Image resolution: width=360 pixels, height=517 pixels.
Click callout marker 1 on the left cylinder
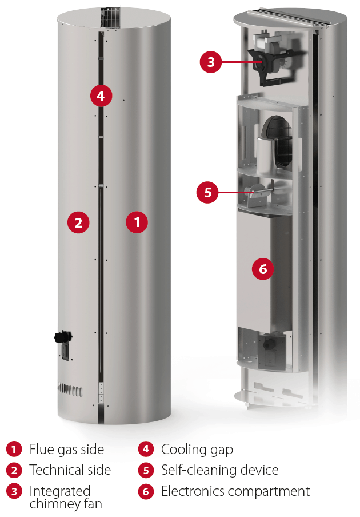tap(137, 222)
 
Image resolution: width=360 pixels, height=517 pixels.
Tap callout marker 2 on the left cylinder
tap(78, 222)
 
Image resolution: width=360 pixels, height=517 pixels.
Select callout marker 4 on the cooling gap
tap(101, 96)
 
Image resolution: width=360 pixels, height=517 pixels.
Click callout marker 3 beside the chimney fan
tap(211, 62)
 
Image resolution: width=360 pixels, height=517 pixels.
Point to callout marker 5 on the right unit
tap(207, 192)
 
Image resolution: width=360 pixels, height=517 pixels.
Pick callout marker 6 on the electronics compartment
tap(263, 269)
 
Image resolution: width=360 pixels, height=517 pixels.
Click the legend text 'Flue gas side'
tap(67, 450)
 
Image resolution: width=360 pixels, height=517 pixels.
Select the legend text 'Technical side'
tap(70, 470)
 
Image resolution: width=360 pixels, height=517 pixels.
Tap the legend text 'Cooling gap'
tap(197, 450)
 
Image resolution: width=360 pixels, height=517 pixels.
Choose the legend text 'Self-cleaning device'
tap(219, 470)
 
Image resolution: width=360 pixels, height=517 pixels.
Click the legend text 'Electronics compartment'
tap(235, 491)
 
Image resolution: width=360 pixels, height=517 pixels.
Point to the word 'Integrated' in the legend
tap(60, 491)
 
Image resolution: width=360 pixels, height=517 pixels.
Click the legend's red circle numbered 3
tap(14, 492)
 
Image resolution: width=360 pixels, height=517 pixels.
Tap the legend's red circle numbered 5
tap(146, 470)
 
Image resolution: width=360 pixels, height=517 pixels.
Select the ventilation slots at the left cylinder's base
tap(70, 389)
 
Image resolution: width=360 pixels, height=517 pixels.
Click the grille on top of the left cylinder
tap(110, 18)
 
